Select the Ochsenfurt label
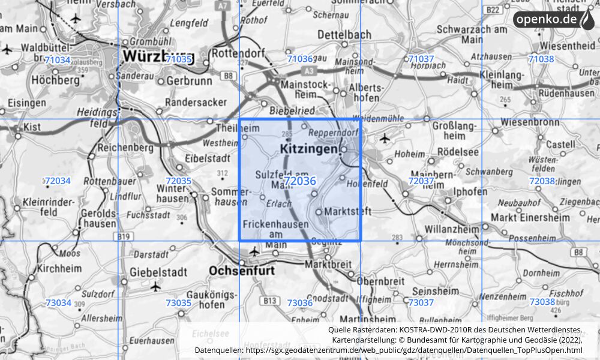(x=242, y=271)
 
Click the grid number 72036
(x=300, y=181)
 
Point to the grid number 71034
(x=58, y=59)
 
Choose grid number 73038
(x=542, y=302)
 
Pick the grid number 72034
(x=58, y=181)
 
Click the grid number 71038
(x=541, y=59)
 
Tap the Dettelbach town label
(x=344, y=34)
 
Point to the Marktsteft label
(x=348, y=212)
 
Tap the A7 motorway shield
(x=223, y=6)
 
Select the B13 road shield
(x=271, y=299)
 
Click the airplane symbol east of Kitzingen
(x=385, y=139)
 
